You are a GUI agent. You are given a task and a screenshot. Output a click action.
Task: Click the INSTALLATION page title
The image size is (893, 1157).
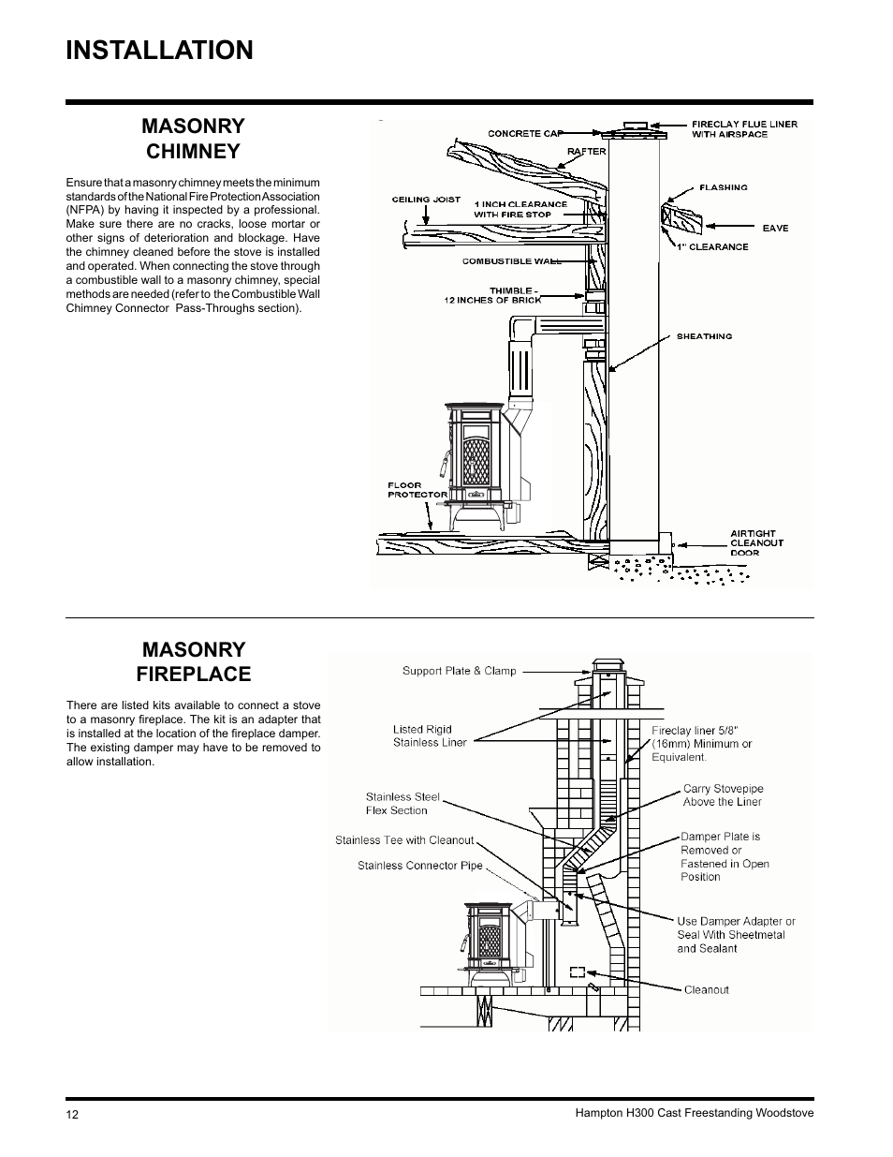pyautogui.click(x=159, y=51)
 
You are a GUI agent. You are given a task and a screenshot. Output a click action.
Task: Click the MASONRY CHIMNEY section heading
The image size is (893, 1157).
pyautogui.click(x=193, y=139)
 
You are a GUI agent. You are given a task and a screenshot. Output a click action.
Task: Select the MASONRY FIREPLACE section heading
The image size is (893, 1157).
pyautogui.click(x=193, y=661)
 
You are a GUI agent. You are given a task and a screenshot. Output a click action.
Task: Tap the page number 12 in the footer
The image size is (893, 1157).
pyautogui.click(x=73, y=1114)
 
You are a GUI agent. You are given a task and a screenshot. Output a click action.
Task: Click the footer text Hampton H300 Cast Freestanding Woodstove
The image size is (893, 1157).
pyautogui.click(x=693, y=1113)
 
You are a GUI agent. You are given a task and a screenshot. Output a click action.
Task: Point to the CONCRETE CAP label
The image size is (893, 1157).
pyautogui.click(x=527, y=133)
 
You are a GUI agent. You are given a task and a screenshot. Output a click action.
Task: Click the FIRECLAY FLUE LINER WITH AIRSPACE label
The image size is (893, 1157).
pyautogui.click(x=744, y=129)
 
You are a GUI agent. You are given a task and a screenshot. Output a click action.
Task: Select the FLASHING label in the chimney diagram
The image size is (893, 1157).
pyautogui.click(x=723, y=187)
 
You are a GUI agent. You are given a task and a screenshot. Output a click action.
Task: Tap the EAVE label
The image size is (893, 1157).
pyautogui.click(x=775, y=228)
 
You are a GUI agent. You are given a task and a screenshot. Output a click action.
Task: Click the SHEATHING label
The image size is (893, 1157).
pyautogui.click(x=704, y=335)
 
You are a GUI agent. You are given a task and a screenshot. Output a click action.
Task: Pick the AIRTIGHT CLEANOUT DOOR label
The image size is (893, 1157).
pyautogui.click(x=756, y=543)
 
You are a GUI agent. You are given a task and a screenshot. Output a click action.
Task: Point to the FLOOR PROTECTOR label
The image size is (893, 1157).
pyautogui.click(x=404, y=490)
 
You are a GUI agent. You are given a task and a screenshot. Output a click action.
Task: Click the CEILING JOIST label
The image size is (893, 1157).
pyautogui.click(x=426, y=200)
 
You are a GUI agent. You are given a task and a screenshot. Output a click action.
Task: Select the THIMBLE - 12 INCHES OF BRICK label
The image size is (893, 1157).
pyautogui.click(x=492, y=295)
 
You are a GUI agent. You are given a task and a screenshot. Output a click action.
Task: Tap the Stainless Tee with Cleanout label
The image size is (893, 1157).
pyautogui.click(x=404, y=840)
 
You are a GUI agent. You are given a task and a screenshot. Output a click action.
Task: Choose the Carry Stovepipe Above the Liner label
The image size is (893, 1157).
pyautogui.click(x=722, y=795)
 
